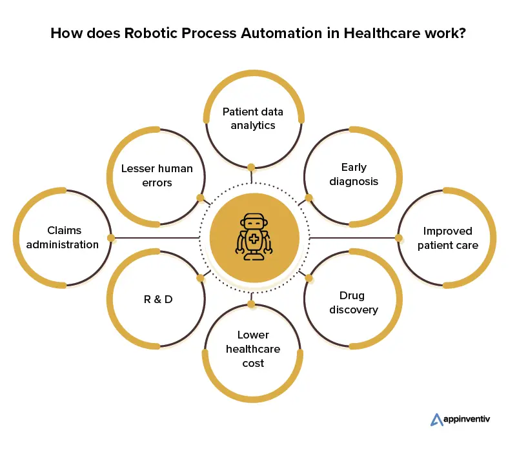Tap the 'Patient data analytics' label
[253, 119]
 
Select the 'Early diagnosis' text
[353, 174]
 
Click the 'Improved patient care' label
[447, 238]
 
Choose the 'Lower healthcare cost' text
[253, 349]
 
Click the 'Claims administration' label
[64, 237]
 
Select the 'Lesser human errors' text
[157, 175]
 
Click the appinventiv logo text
[467, 419]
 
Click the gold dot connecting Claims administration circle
[111, 238]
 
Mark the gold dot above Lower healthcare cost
[252, 304]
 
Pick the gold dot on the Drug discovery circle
[309, 279]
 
